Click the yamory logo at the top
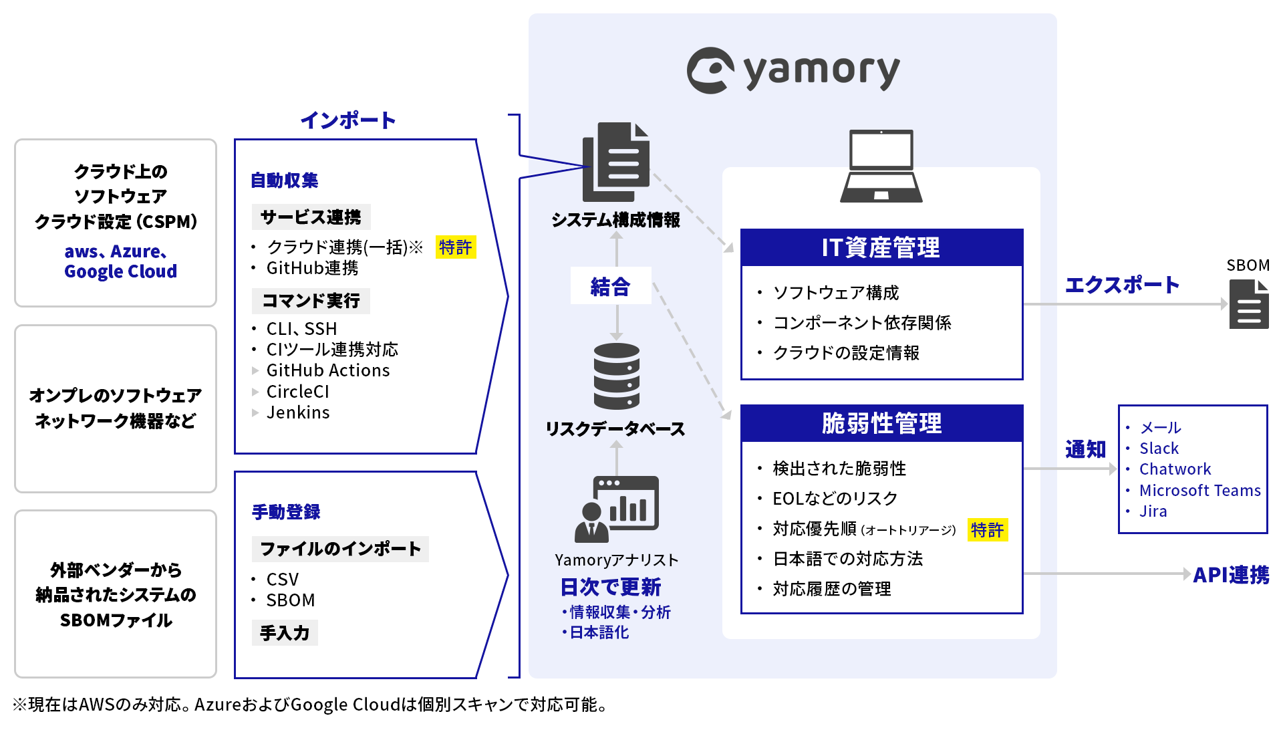793,70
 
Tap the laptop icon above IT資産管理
881,166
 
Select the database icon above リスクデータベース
616,376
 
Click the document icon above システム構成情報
616,162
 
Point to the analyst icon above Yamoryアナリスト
616,509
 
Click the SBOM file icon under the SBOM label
1248,304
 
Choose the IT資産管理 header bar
881,248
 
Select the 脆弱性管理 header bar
881,423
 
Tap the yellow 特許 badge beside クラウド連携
455,247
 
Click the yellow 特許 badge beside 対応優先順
987,529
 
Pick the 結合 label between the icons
610,287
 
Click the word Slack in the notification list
1159,448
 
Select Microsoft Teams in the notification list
1199,490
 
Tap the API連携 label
1230,575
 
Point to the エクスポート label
1122,285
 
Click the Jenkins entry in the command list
298,412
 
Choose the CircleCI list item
297,392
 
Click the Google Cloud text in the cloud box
120,271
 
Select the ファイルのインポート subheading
340,549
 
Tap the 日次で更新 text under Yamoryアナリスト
610,587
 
